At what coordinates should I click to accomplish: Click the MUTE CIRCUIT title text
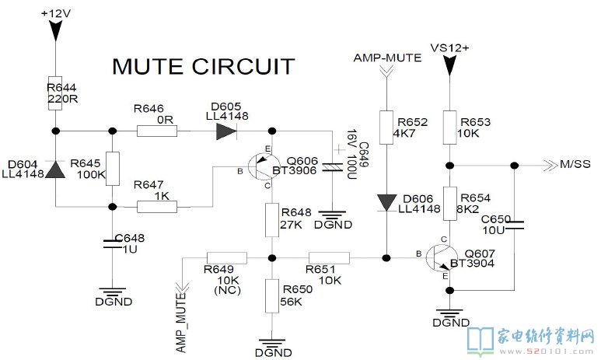coord(203,66)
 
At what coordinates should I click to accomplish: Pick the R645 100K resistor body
coord(114,169)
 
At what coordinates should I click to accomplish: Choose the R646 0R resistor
coord(156,131)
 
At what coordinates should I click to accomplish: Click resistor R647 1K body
coord(157,207)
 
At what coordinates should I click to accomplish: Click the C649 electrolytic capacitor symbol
coord(335,166)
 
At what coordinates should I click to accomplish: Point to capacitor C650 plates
coord(514,225)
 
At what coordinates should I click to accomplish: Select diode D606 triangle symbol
coord(386,203)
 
